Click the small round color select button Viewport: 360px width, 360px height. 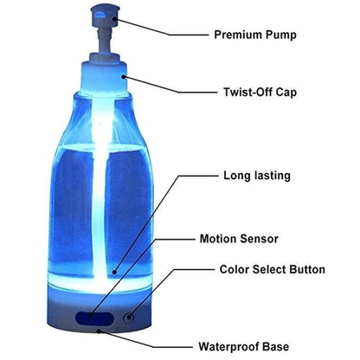129,317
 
